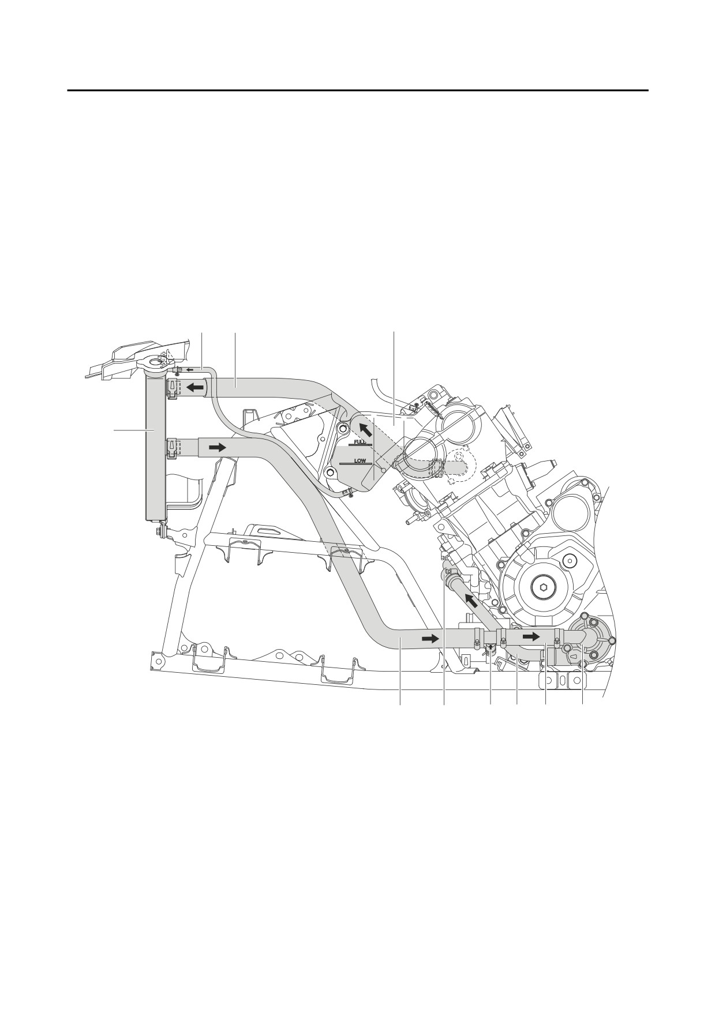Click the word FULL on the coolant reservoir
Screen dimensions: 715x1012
(x=360, y=442)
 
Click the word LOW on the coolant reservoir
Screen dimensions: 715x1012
(x=360, y=462)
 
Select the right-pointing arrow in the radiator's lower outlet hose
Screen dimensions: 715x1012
(x=218, y=447)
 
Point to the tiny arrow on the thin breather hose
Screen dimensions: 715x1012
(x=190, y=369)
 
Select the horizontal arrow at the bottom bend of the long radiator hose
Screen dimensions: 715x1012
(x=430, y=639)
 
